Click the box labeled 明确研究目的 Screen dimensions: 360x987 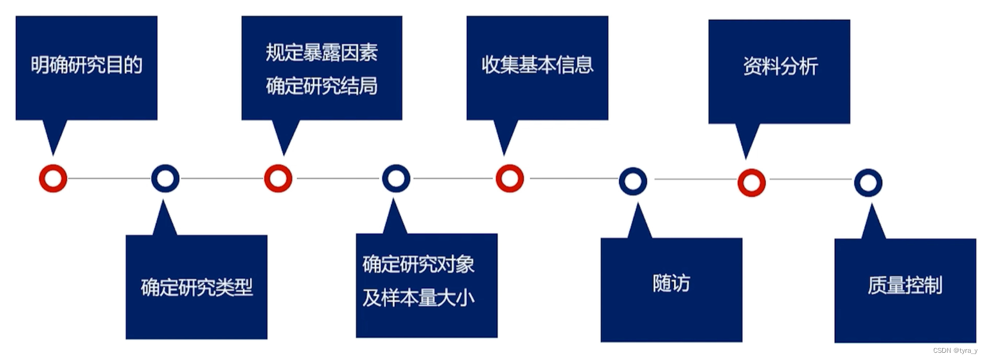pyautogui.click(x=87, y=67)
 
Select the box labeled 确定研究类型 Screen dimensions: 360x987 pyautogui.click(x=196, y=287)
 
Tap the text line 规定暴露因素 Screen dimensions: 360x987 pyautogui.click(x=321, y=53)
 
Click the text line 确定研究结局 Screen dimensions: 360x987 pyautogui.click(x=321, y=86)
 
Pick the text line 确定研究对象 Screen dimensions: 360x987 pyautogui.click(x=418, y=264)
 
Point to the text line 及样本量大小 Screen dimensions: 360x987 pyautogui.click(x=418, y=297)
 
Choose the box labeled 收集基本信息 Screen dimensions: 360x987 pyautogui.click(x=537, y=67)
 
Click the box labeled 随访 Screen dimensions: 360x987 pyautogui.click(x=671, y=289)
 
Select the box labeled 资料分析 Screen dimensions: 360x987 pyautogui.click(x=779, y=70)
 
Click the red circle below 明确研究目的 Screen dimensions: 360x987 pyautogui.click(x=53, y=178)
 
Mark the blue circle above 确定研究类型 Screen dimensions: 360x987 pyautogui.click(x=165, y=178)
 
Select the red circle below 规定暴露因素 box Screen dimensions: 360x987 pyautogui.click(x=278, y=178)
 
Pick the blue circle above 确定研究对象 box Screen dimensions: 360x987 pyautogui.click(x=396, y=178)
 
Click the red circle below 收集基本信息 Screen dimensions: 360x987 pyautogui.click(x=509, y=179)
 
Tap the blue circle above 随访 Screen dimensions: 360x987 pyautogui.click(x=633, y=181)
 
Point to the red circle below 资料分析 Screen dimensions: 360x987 pyautogui.click(x=751, y=182)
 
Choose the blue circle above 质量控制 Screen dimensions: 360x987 pyautogui.click(x=868, y=183)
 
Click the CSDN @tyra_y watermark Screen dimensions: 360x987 pyautogui.click(x=955, y=350)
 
